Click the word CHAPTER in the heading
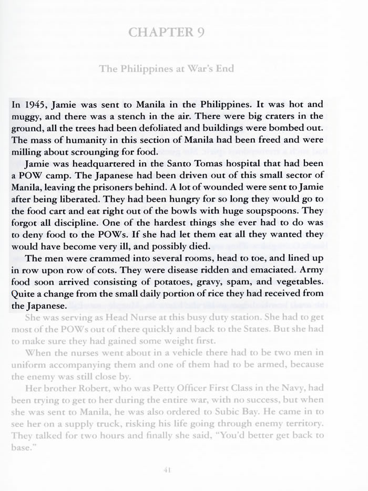(159, 32)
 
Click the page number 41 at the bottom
(168, 470)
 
